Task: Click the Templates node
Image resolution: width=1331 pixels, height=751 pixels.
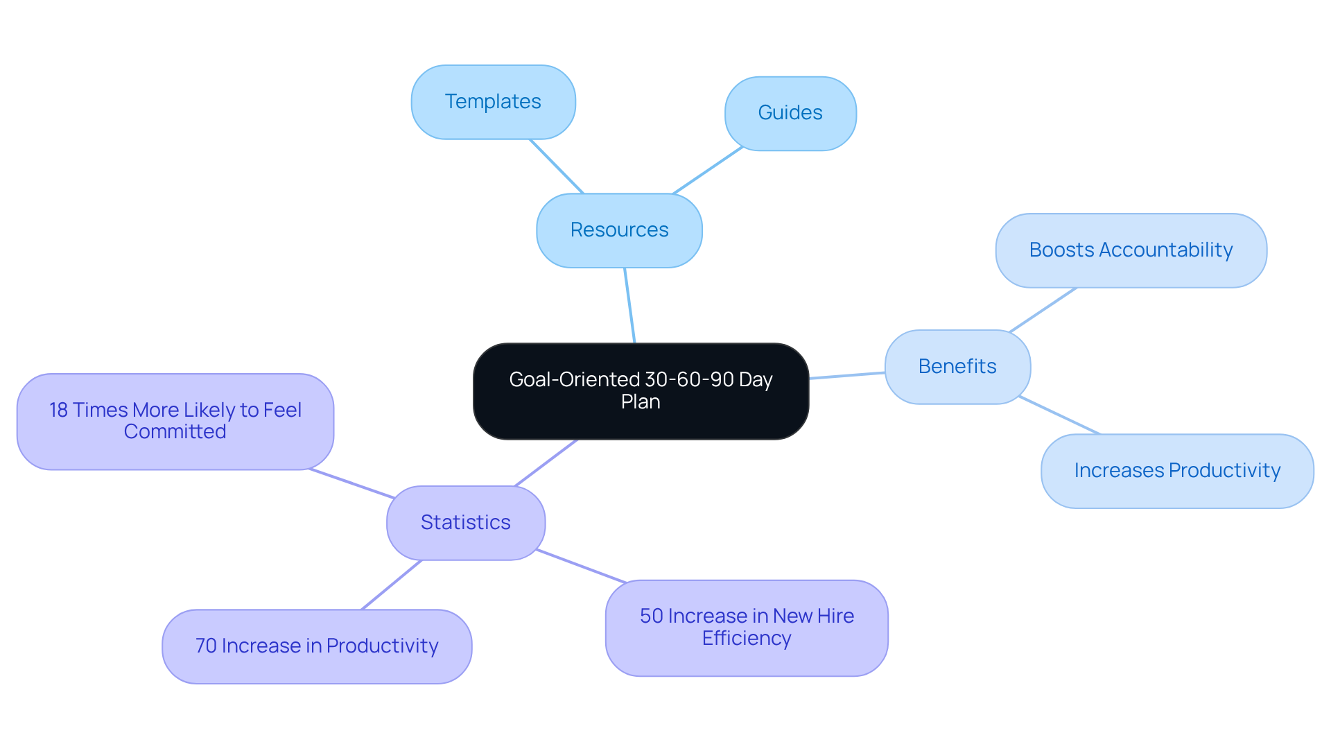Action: coord(493,102)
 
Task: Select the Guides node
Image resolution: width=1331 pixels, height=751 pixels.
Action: coord(790,113)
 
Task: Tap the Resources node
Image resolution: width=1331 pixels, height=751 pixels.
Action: coord(619,230)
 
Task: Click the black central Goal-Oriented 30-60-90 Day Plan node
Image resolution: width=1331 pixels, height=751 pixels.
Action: coord(641,391)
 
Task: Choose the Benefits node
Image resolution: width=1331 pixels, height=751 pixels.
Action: coord(957,367)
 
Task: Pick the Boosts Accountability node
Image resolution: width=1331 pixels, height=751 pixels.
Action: coord(1131,250)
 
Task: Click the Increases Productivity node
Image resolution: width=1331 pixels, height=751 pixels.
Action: coord(1176,471)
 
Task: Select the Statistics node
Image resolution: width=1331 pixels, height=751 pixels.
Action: coord(465,523)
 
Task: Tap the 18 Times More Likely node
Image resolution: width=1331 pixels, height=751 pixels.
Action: coord(175,422)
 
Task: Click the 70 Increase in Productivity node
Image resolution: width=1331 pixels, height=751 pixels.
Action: coord(317,646)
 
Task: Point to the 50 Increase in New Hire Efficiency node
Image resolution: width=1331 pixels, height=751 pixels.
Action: coord(747,628)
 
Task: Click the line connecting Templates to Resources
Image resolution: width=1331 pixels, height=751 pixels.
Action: coord(557,166)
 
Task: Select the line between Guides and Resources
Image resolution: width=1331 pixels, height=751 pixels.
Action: coord(708,171)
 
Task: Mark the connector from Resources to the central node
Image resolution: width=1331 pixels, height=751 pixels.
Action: coord(629,305)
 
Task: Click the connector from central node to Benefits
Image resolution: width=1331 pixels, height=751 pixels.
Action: coord(847,375)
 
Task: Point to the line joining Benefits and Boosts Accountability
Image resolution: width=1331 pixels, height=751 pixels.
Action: coord(1043,309)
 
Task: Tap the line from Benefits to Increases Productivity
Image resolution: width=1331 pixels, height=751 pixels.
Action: coord(1059,415)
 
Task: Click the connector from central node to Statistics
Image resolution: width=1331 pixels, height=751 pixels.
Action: coord(546,463)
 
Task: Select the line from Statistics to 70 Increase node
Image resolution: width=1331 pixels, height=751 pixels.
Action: coord(392,585)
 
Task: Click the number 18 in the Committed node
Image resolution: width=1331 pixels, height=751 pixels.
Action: coord(58,411)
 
